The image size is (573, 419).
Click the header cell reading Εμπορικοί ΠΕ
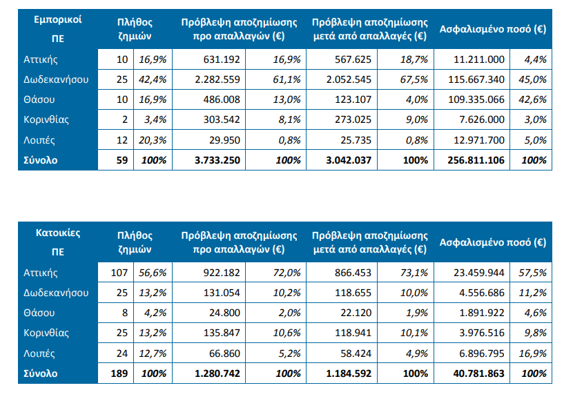click(x=58, y=29)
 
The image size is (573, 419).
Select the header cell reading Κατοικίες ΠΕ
click(x=58, y=242)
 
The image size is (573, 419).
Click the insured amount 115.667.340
click(x=480, y=79)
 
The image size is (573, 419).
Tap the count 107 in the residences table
click(x=119, y=273)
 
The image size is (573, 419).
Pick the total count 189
click(x=119, y=373)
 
